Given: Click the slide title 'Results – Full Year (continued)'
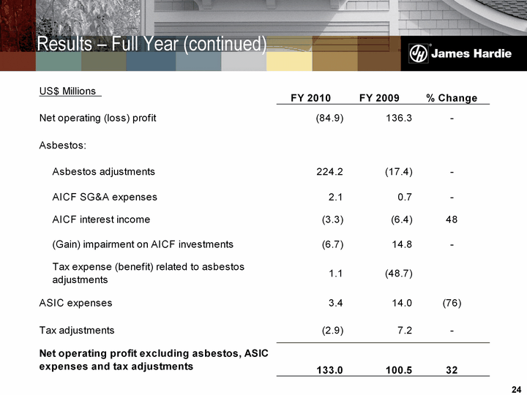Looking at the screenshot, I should (152, 45).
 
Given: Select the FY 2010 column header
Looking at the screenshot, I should (310, 98).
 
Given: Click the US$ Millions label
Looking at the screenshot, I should (67, 91).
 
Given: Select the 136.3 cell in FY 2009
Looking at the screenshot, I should (398, 118).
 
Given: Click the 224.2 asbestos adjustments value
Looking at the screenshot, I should (329, 172).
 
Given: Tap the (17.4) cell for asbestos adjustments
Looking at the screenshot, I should (398, 172).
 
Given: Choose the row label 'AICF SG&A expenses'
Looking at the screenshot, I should (105, 197).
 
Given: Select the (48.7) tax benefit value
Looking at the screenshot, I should (398, 274).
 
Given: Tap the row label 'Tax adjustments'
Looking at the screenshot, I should (76, 330).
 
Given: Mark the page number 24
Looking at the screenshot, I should (514, 387).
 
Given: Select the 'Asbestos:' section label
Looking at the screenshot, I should (62, 145).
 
